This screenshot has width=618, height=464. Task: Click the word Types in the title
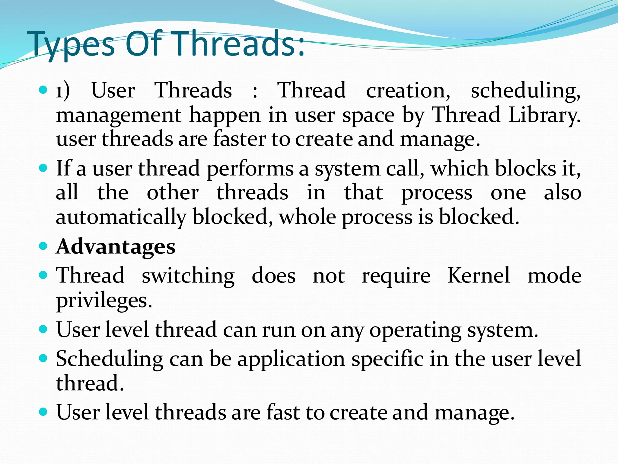(71, 45)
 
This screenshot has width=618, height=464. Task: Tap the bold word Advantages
(116, 246)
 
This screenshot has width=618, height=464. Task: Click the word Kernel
(479, 275)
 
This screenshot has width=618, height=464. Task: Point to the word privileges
(104, 301)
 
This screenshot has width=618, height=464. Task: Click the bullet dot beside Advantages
(43, 246)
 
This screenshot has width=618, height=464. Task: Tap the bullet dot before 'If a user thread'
(43, 168)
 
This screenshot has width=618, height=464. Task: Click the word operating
(415, 330)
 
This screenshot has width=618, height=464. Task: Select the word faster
(239, 139)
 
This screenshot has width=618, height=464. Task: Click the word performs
(250, 169)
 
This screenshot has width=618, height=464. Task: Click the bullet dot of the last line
(43, 411)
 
